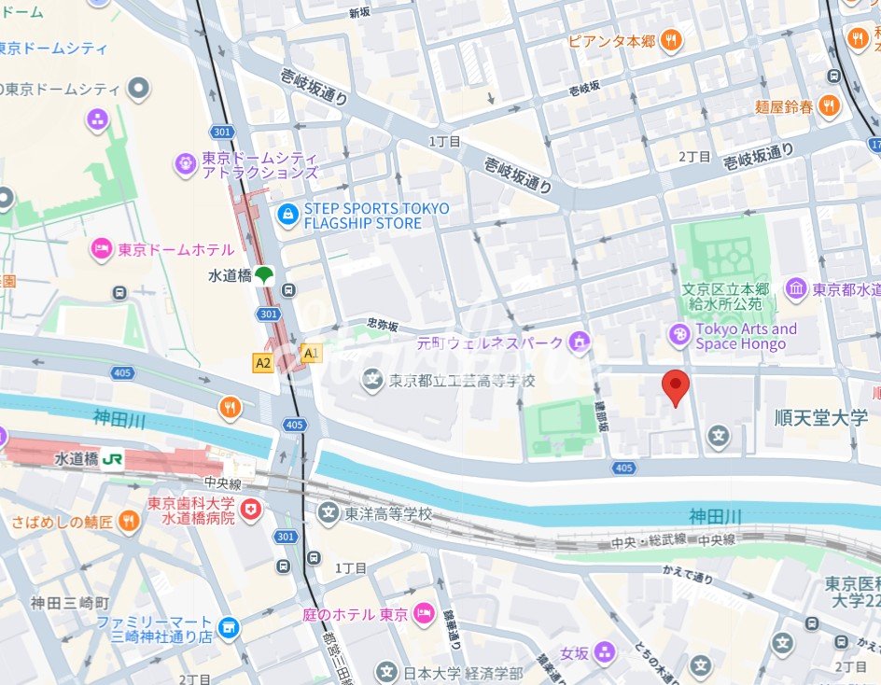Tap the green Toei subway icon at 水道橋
coord(265,275)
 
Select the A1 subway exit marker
coord(311,354)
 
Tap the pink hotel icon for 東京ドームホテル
coord(101,249)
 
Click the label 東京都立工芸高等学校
coord(463,381)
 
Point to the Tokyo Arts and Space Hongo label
coord(747,336)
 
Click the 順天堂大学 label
coord(821,417)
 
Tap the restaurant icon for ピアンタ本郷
coord(670,40)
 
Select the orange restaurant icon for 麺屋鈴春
coord(828,106)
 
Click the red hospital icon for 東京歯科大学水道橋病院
coord(250,510)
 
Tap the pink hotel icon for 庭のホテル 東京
coord(424,613)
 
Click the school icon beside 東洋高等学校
coord(329,513)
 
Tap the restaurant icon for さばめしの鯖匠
coord(129,522)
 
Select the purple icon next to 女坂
coord(605,651)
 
